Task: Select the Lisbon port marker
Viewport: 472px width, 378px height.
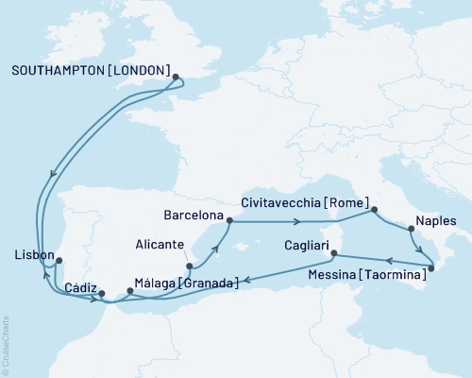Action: point(59,261)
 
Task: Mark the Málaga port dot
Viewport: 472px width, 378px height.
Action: point(130,290)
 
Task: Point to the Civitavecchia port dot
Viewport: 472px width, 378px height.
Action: point(375,209)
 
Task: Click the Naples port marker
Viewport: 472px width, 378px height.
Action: point(411,228)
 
